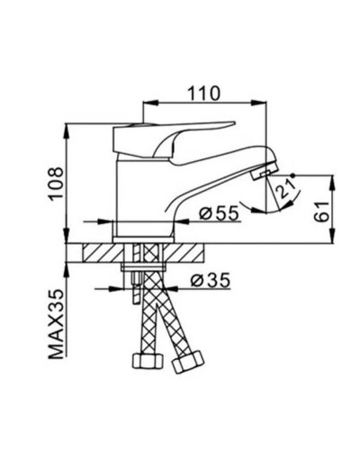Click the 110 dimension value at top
click(205, 92)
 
